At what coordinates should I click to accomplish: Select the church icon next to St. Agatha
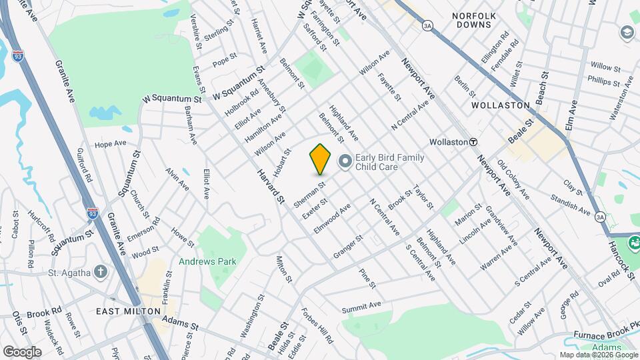(100, 271)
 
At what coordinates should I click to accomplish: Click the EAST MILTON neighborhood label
(128, 311)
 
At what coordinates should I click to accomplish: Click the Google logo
(22, 351)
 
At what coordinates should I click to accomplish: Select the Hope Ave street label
(110, 143)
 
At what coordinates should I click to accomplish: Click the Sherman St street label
(309, 194)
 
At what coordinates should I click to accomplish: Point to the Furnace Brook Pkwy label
(606, 335)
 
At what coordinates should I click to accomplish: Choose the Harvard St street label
(272, 186)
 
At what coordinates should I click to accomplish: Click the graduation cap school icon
(627, 32)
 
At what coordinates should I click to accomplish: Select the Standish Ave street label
(571, 204)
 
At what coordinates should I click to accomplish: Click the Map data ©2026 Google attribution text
(599, 355)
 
